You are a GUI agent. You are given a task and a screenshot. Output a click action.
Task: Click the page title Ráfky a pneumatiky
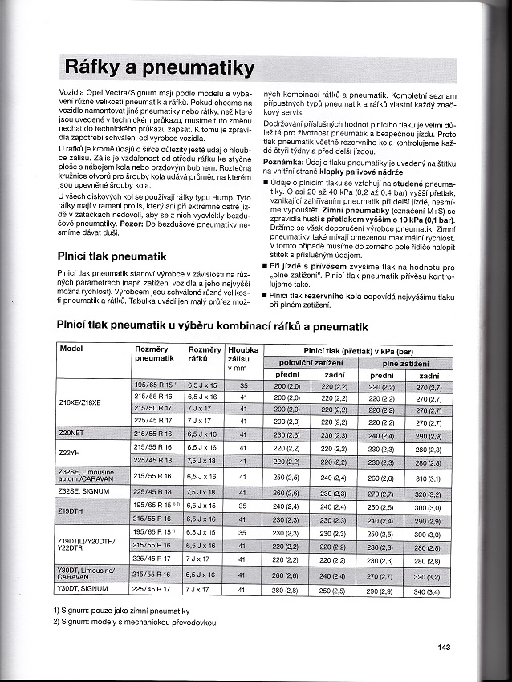point(159,67)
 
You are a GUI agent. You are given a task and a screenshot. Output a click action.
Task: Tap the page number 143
point(446,648)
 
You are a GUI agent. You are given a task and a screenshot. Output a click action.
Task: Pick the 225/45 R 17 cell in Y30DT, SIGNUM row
point(151,590)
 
